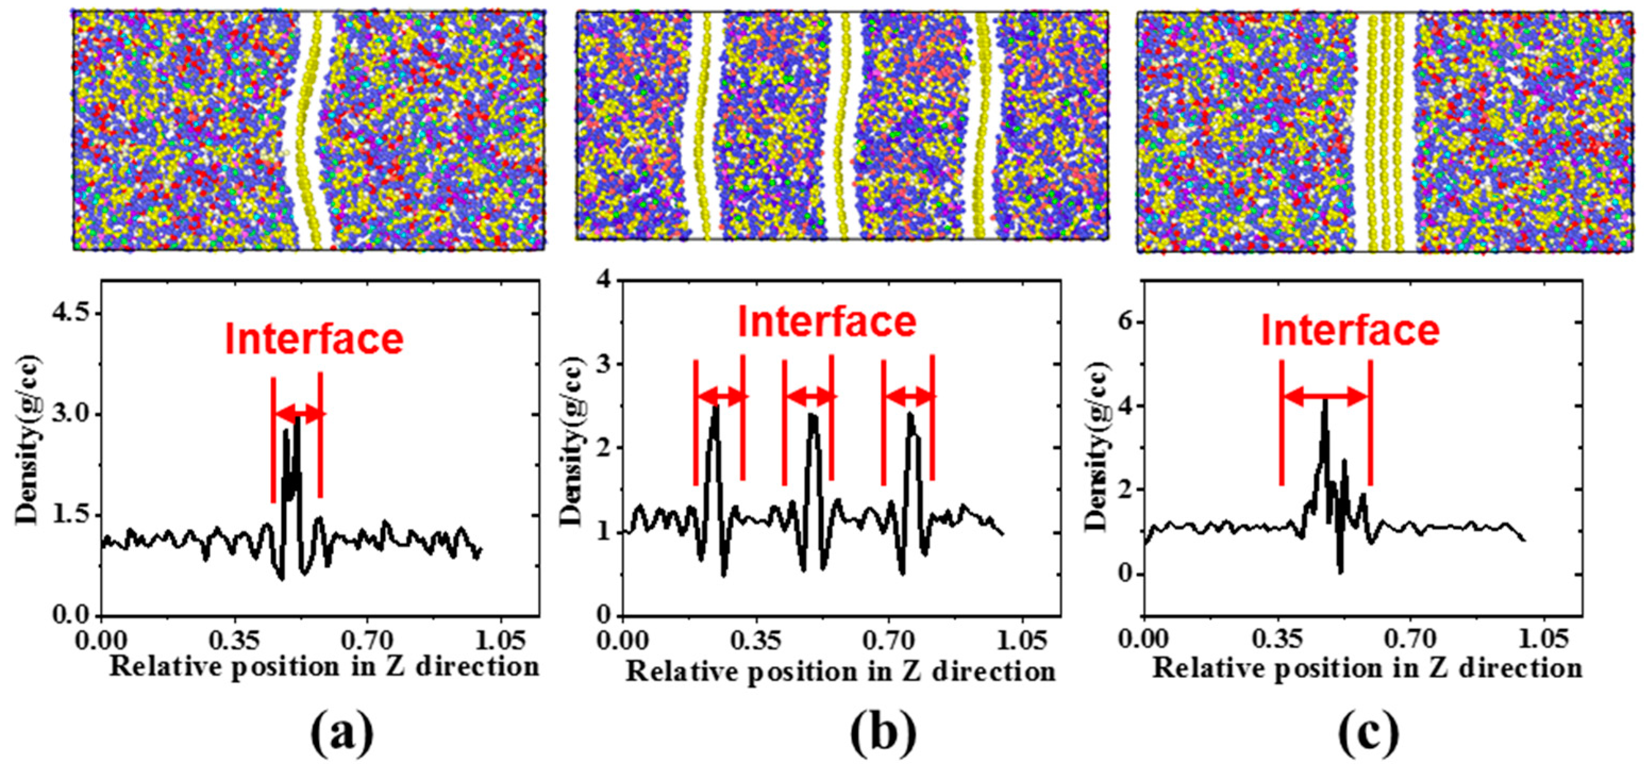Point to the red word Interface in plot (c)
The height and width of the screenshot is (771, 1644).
(x=1351, y=331)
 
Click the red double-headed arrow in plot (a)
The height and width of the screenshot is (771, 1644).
(x=297, y=414)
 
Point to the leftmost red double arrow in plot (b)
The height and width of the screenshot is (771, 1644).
(x=720, y=396)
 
